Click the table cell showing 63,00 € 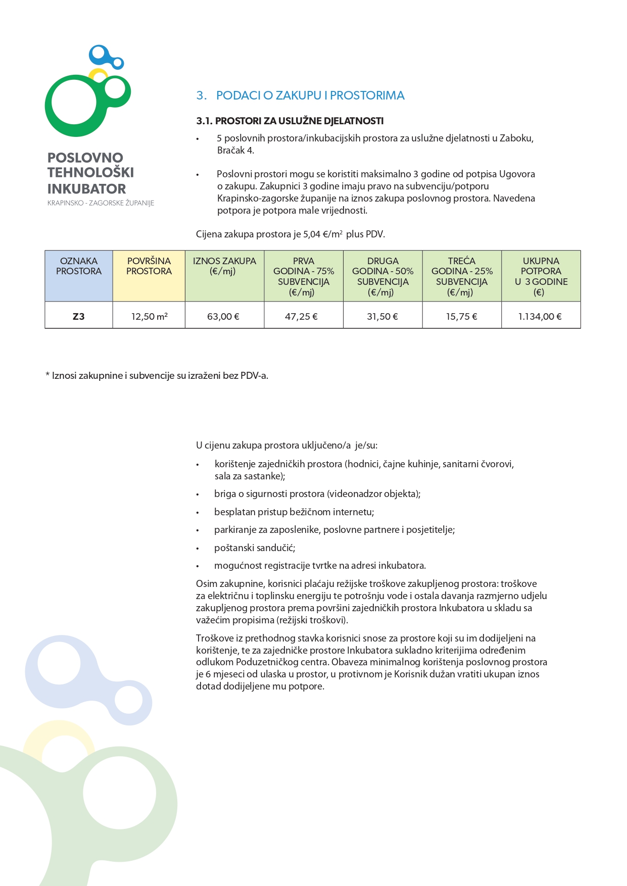pos(223,317)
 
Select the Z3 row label pos(78,317)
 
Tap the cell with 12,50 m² pos(149,317)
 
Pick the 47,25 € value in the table pos(303,317)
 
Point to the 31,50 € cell pos(382,317)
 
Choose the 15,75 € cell pos(461,317)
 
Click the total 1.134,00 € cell pos(540,317)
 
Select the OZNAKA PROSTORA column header pos(78,266)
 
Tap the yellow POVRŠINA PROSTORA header pos(149,266)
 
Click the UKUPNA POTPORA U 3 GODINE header pos(541,276)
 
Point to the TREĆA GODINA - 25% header pos(461,276)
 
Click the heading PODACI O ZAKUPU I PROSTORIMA pos(310,95)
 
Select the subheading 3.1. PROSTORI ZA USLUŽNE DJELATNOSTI pos(290,121)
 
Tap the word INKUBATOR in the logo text pos(86,189)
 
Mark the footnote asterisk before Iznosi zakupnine pos(47,376)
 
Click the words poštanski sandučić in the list pos(255,548)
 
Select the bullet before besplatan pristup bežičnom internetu pos(198,513)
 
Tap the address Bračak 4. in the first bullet pos(235,151)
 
